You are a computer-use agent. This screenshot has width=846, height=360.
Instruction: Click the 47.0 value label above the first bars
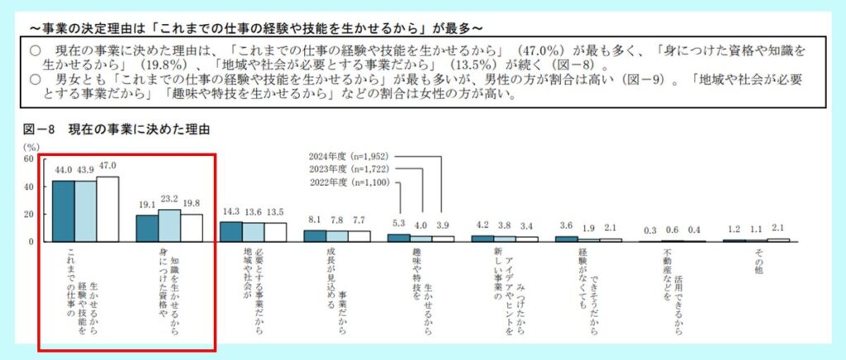click(x=108, y=166)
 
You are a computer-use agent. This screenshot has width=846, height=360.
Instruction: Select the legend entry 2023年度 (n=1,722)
click(x=348, y=168)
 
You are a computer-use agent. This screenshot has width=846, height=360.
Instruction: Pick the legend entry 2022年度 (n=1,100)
click(x=348, y=182)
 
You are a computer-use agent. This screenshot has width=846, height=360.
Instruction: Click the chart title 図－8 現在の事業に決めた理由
click(x=115, y=130)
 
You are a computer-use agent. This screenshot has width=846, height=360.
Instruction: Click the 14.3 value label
click(x=231, y=212)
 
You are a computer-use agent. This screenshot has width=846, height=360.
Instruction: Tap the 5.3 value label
click(x=399, y=224)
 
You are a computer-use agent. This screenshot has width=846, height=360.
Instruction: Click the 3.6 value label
click(x=567, y=225)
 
